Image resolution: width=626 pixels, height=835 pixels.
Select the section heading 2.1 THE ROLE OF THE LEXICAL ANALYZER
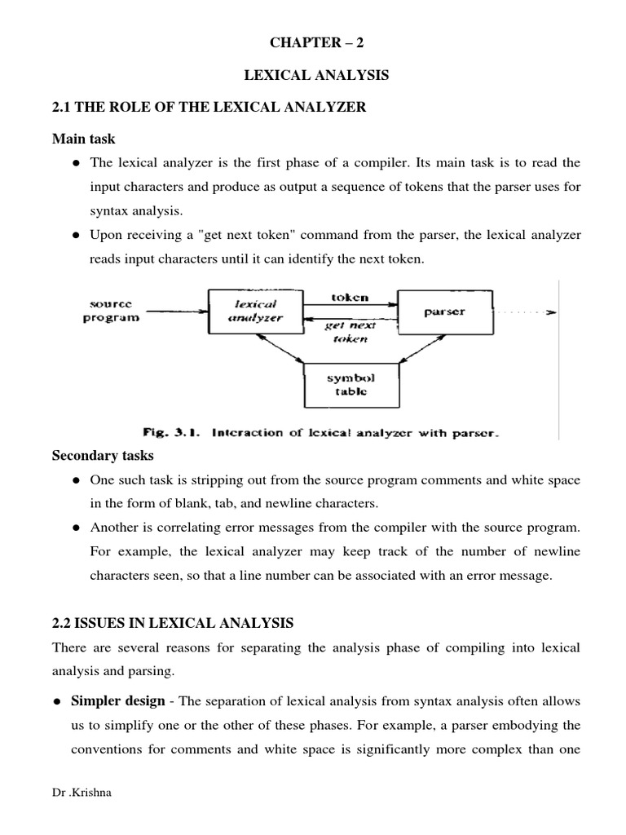click(209, 108)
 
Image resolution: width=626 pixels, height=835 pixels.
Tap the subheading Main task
click(84, 139)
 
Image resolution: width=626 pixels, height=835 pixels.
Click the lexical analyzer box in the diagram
click(255, 311)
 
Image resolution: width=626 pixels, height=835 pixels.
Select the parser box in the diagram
click(444, 311)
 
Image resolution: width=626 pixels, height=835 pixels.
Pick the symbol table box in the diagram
click(352, 385)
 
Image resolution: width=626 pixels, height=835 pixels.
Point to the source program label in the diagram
click(111, 310)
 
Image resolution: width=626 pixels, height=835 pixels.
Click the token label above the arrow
click(350, 298)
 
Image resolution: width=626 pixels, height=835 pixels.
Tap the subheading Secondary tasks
click(103, 456)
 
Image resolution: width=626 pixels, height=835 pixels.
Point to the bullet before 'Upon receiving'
click(75, 236)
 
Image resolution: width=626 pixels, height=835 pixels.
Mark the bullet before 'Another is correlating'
click(75, 528)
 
